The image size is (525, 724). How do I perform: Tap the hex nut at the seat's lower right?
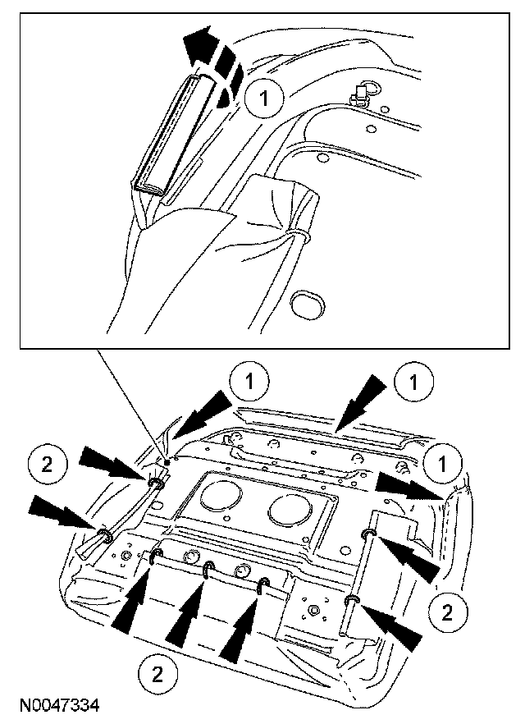point(316,610)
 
